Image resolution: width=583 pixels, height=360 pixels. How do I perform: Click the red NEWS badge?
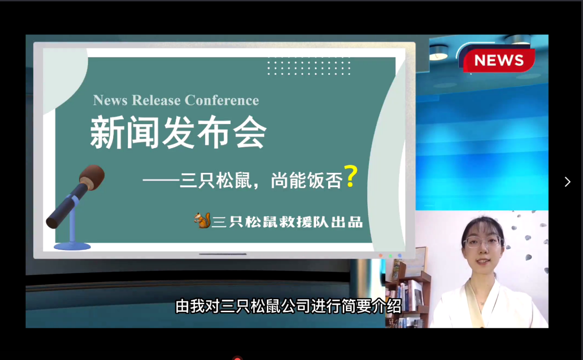click(x=499, y=60)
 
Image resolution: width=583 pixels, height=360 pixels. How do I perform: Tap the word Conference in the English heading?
click(x=222, y=100)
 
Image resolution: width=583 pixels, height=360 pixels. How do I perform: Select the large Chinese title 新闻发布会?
click(x=178, y=132)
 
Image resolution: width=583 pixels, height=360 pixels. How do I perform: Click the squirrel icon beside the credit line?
click(x=202, y=221)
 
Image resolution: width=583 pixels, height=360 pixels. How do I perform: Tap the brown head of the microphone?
click(x=92, y=177)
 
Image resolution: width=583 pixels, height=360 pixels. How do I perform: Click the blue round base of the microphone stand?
click(x=72, y=246)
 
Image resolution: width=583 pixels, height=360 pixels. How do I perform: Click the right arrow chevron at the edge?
click(x=567, y=182)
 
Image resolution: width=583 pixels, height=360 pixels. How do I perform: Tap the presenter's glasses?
click(x=483, y=242)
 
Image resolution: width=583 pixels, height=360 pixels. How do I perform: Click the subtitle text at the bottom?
click(x=289, y=306)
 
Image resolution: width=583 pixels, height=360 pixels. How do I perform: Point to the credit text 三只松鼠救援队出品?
click(x=287, y=222)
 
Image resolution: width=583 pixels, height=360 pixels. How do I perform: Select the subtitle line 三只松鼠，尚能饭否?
click(x=261, y=181)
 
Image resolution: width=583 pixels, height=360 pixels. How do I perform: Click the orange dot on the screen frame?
click(x=381, y=256)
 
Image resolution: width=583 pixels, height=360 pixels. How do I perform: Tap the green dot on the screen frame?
click(x=390, y=256)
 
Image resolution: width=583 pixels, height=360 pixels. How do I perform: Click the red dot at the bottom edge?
click(x=237, y=358)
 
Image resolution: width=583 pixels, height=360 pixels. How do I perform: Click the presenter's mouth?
click(x=484, y=261)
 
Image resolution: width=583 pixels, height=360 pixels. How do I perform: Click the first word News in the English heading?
click(x=110, y=100)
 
